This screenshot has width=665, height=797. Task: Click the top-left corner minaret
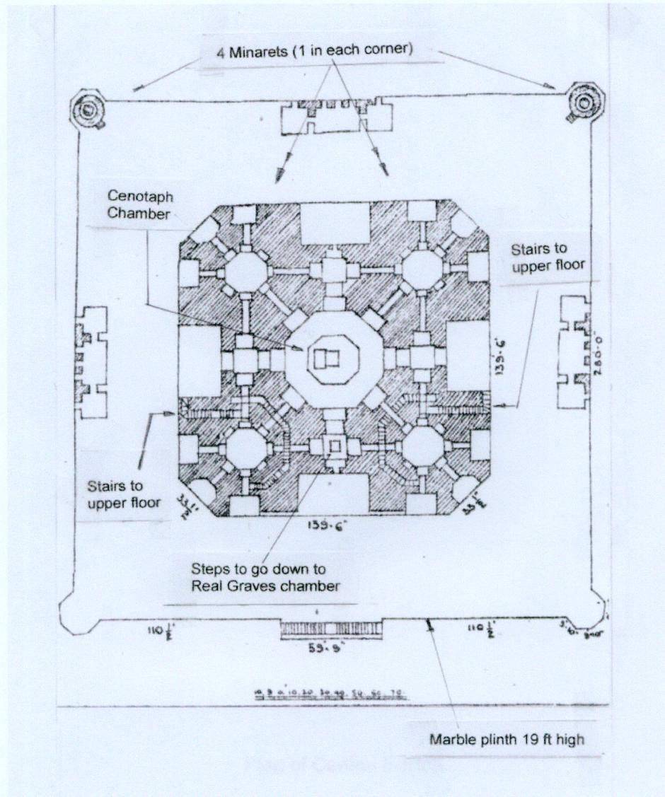click(88, 110)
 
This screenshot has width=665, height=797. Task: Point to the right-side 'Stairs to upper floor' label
click(539, 259)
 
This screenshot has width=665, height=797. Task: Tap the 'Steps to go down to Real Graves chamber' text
click(266, 577)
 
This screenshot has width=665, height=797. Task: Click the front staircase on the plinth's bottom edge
click(331, 627)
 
